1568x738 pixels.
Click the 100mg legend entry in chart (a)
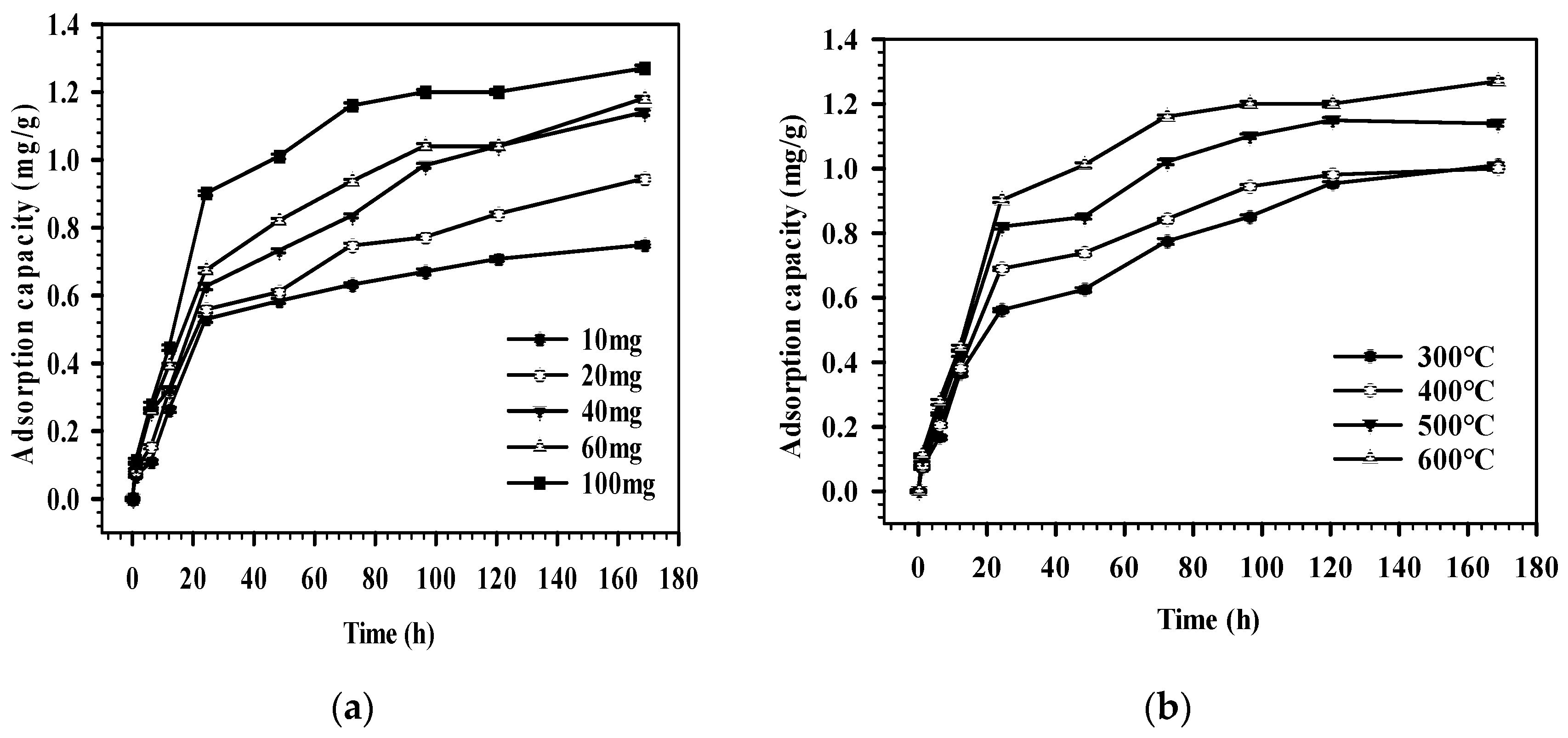618,484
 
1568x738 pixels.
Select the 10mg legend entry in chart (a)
612,341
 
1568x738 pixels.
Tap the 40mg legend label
612,413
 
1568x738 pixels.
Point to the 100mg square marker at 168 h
644,69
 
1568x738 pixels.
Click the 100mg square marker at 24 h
206,193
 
